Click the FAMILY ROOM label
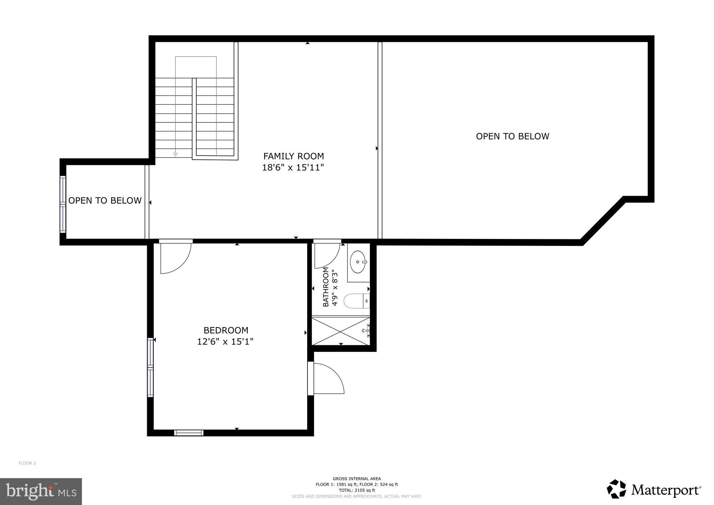coord(294,156)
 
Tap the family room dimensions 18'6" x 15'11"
coord(293,167)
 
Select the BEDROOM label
coord(226,330)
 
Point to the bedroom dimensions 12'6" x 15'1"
coord(225,341)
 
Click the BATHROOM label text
coord(326,287)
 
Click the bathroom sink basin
coord(358,262)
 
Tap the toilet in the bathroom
coord(357,301)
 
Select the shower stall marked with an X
coord(341,331)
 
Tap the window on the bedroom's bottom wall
coord(189,433)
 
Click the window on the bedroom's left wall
coord(150,367)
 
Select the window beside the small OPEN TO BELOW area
coord(63,204)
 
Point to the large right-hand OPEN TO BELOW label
coord(512,136)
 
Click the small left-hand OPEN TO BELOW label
coord(105,201)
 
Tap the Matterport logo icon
coord(617,489)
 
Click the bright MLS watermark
coord(41,491)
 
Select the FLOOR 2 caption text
coord(27,463)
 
